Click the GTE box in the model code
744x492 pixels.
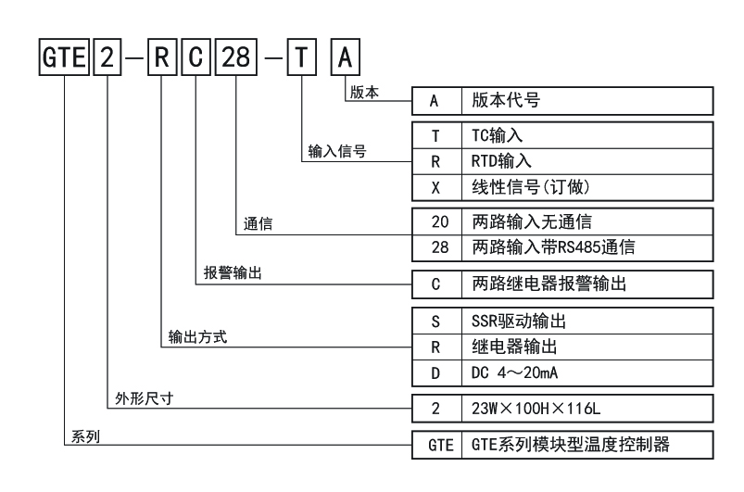[x=64, y=57]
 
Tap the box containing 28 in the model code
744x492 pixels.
[x=236, y=57]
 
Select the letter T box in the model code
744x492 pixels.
[x=302, y=57]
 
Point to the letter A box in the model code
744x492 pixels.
[x=346, y=57]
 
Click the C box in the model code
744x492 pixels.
[x=196, y=57]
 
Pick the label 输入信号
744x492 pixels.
[x=337, y=151]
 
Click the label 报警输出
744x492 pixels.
[x=233, y=272]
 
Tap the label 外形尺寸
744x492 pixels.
[x=145, y=398]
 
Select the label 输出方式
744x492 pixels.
[x=197, y=337]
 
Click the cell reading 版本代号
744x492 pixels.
[x=587, y=101]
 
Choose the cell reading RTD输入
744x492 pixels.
[x=587, y=161]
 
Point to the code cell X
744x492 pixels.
[x=436, y=187]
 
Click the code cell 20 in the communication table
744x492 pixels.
[x=436, y=221]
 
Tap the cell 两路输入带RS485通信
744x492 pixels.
[x=587, y=247]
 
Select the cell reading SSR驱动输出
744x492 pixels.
[x=587, y=322]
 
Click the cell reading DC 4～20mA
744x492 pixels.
[x=587, y=372]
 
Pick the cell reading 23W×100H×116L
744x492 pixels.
[x=587, y=408]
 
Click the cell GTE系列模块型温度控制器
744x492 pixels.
[x=587, y=445]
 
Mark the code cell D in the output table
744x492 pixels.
[x=436, y=372]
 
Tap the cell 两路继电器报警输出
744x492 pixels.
[x=587, y=284]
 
